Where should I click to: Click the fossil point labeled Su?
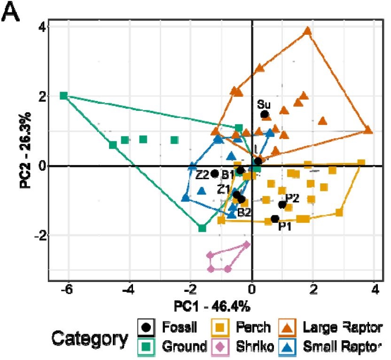pyautogui.click(x=265, y=114)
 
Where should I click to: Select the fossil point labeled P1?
pyautogui.click(x=275, y=219)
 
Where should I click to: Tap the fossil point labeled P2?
pyautogui.click(x=282, y=204)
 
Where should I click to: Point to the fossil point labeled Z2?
pyautogui.click(x=215, y=173)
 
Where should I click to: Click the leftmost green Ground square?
pyautogui.click(x=64, y=95)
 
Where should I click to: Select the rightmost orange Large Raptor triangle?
pyautogui.click(x=368, y=130)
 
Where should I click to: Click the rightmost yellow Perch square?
pyautogui.click(x=361, y=163)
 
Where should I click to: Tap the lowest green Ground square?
pyautogui.click(x=203, y=228)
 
